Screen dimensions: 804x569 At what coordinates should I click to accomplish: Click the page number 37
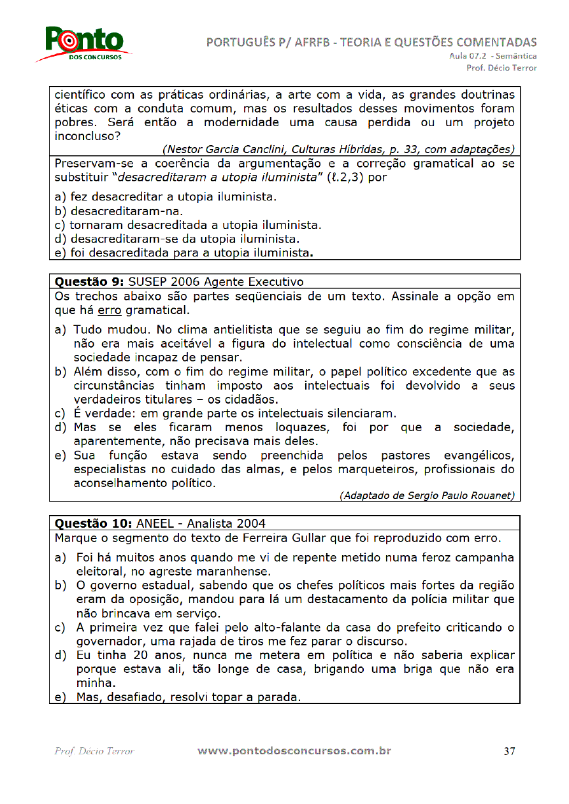(509, 751)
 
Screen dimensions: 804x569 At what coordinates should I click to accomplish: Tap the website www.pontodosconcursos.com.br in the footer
(294, 751)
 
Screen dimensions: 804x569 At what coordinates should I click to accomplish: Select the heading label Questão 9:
(90, 281)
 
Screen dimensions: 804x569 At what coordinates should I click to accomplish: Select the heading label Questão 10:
(93, 524)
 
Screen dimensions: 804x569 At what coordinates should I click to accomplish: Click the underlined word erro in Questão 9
(110, 311)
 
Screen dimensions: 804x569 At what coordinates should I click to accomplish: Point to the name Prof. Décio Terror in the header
(501, 67)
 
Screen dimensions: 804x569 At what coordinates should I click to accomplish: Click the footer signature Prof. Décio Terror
(94, 751)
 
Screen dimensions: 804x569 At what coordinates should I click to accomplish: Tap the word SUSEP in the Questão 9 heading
(148, 281)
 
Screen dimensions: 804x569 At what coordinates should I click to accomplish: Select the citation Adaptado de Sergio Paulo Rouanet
(427, 495)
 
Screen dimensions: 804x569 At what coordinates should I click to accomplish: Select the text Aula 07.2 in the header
(469, 56)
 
